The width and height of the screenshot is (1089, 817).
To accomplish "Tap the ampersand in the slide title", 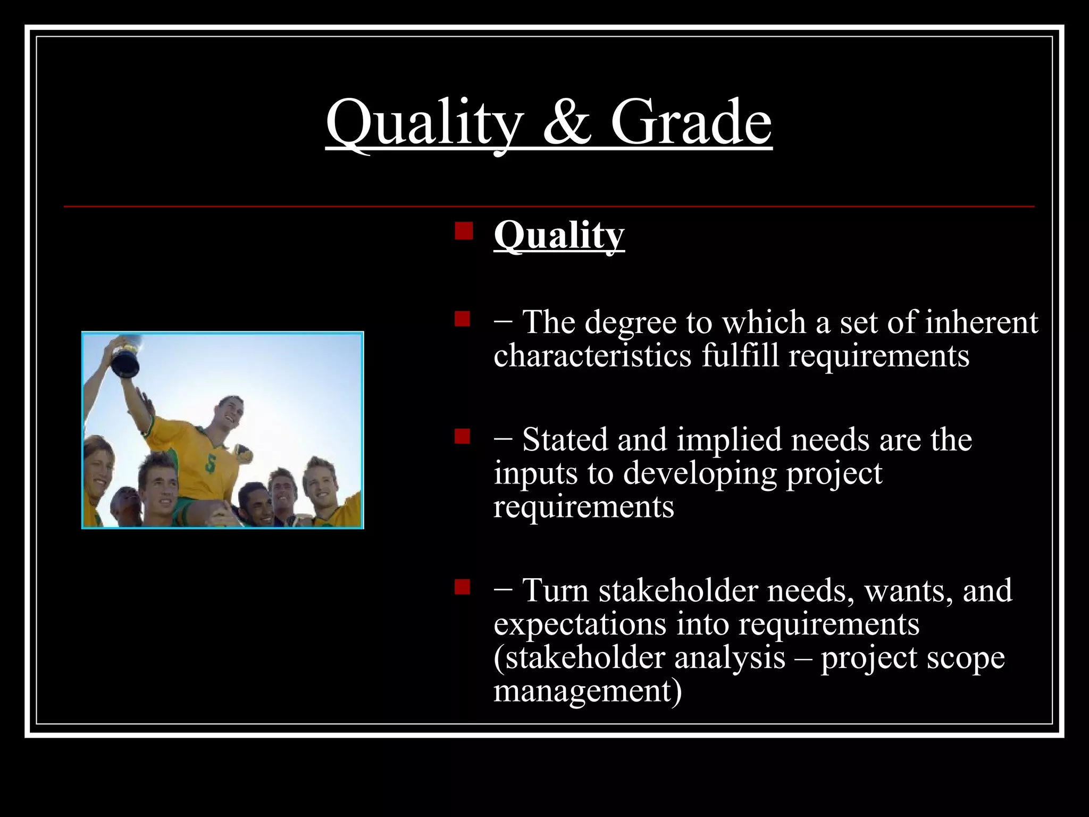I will click(567, 123).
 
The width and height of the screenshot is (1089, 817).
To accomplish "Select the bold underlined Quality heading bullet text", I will click(558, 235).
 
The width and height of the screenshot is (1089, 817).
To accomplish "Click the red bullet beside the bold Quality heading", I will click(463, 231).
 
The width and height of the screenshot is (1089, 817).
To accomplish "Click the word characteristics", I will click(592, 355).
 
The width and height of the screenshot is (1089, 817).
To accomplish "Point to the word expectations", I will click(580, 624).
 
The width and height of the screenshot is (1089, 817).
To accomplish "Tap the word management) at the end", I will click(587, 690).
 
